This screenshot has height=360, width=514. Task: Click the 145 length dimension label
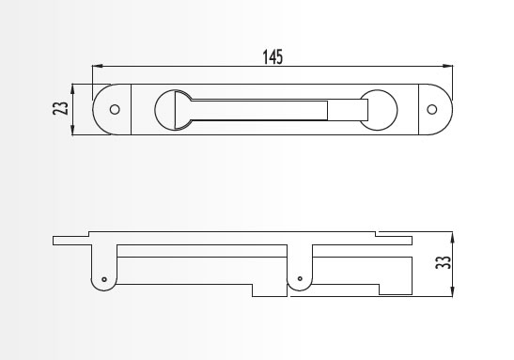pyautogui.click(x=273, y=57)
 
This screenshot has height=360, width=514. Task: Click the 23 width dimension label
pyautogui.click(x=61, y=108)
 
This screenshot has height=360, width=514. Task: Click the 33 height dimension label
pyautogui.click(x=444, y=262)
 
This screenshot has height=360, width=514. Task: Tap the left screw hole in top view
pyautogui.click(x=115, y=109)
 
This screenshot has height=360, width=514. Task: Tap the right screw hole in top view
pyautogui.click(x=432, y=109)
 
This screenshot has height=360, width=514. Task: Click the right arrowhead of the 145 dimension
pyautogui.click(x=447, y=66)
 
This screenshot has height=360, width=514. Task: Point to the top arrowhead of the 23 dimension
pyautogui.click(x=72, y=89)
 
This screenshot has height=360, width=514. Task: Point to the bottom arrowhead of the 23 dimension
pyautogui.click(x=72, y=130)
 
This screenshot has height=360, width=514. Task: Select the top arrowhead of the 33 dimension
pyautogui.click(x=452, y=237)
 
